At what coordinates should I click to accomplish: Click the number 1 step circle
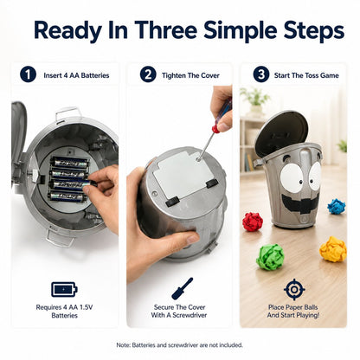(x=28, y=74)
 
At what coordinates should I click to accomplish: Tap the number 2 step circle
(x=148, y=74)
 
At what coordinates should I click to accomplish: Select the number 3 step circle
(x=261, y=74)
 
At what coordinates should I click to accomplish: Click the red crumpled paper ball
(x=253, y=222)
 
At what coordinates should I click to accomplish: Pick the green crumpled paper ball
(x=270, y=257)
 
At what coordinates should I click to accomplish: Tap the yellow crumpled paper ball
(x=333, y=249)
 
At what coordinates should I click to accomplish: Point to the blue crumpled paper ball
(x=337, y=206)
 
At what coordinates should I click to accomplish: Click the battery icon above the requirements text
(x=64, y=289)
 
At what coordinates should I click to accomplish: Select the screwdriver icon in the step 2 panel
(x=183, y=288)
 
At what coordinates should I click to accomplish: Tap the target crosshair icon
(x=294, y=289)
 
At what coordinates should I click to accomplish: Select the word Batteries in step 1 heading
(x=95, y=75)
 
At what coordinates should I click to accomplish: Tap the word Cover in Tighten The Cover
(x=210, y=75)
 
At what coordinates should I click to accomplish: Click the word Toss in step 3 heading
(x=311, y=75)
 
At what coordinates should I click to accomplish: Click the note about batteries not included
(x=180, y=345)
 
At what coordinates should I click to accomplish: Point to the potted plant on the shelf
(x=255, y=100)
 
